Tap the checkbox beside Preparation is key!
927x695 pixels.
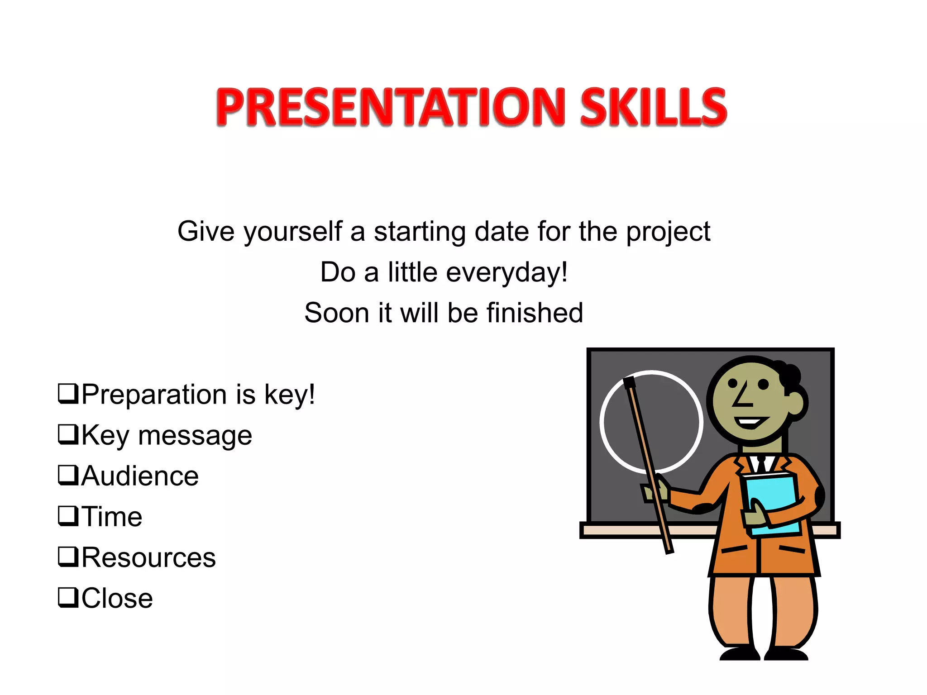coord(68,393)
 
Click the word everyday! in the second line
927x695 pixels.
coord(507,273)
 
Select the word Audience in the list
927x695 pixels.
coord(140,476)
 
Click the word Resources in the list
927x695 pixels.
coord(148,557)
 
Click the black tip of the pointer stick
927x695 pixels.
coord(629,383)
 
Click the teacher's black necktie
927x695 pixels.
coord(761,464)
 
